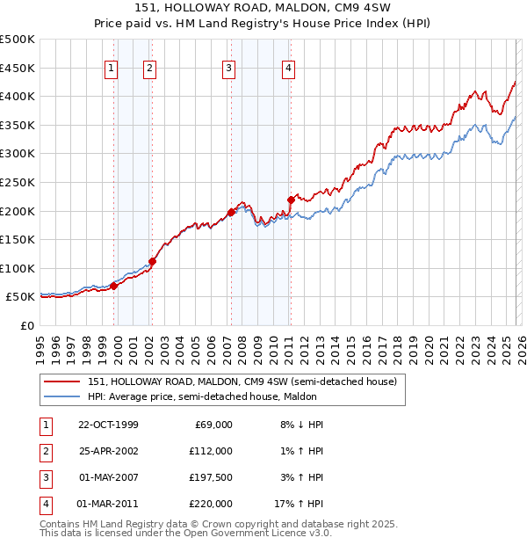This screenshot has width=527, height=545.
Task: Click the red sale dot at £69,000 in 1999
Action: point(113,286)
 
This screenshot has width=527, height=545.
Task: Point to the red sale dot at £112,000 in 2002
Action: point(152,261)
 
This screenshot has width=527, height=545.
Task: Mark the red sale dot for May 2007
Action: point(230,212)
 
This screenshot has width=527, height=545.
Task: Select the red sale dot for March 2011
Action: point(290,200)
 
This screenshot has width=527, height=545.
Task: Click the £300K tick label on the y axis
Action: point(18,154)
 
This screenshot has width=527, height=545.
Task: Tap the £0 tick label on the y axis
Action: point(26,326)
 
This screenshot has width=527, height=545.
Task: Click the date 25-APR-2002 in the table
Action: point(108,451)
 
